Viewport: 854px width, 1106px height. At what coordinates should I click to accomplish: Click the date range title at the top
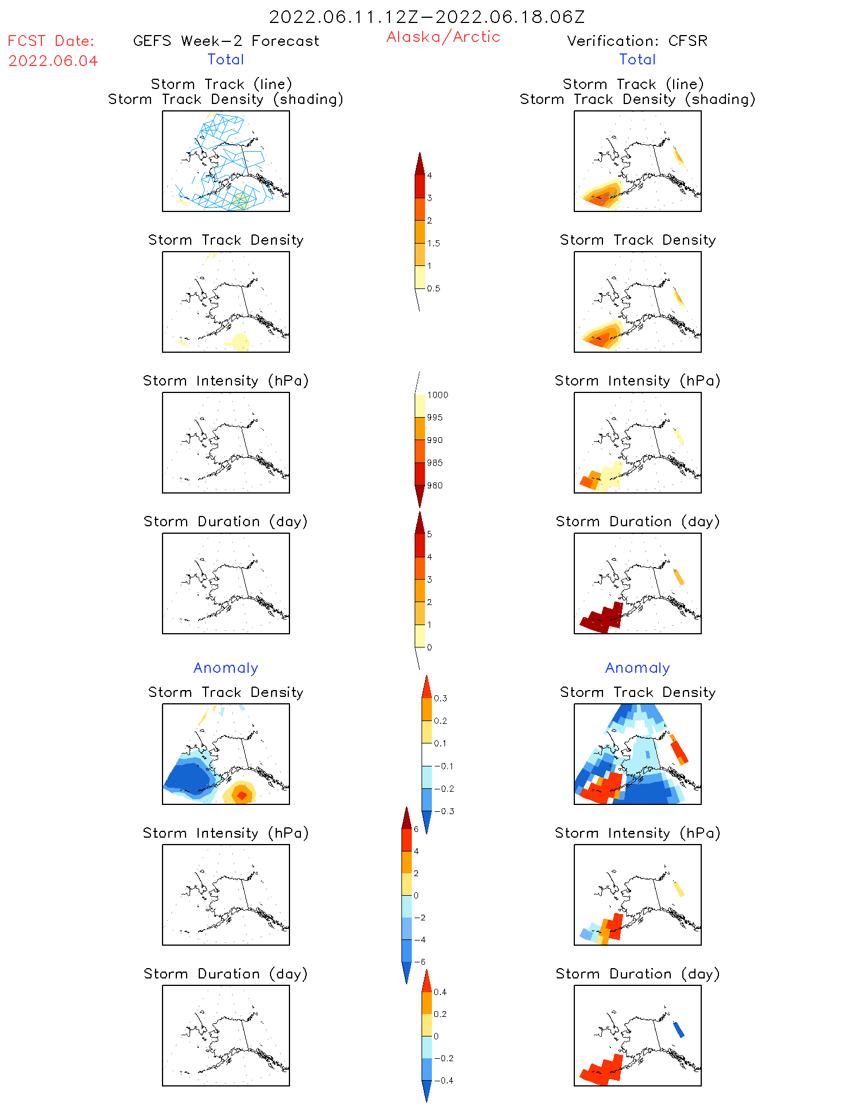[427, 17]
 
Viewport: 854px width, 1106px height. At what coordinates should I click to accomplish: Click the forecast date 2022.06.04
[53, 61]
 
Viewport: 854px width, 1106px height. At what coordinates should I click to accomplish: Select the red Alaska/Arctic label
[443, 37]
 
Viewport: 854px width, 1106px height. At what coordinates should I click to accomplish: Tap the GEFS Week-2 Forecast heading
[226, 41]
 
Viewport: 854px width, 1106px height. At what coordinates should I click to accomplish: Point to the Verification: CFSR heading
[637, 41]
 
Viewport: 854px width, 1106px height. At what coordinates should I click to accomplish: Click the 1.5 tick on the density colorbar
[434, 243]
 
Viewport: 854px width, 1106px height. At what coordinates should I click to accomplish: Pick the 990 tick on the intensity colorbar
[435, 440]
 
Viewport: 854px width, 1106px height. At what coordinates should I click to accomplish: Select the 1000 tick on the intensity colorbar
[437, 395]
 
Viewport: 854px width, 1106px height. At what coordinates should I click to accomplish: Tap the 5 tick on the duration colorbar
[430, 534]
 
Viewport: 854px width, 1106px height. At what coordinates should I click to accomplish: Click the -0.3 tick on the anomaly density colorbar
[443, 811]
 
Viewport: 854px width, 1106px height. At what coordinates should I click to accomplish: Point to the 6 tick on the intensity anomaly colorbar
[416, 829]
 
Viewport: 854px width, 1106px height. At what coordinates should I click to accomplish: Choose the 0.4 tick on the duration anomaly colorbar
[440, 992]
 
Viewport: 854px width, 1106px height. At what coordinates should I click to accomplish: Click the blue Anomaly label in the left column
[226, 668]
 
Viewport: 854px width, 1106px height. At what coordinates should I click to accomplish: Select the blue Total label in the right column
[637, 59]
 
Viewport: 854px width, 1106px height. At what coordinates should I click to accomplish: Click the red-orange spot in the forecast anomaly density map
[242, 795]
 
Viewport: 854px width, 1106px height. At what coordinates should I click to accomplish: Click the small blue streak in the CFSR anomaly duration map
[678, 1029]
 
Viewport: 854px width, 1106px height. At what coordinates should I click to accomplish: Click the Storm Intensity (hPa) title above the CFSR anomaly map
[637, 833]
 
